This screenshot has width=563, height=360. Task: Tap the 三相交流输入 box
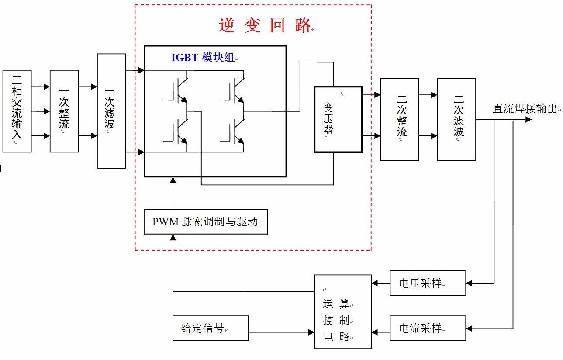pos(17,111)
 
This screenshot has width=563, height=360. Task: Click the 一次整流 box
pos(64,111)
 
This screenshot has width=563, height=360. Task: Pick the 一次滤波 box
pos(111,111)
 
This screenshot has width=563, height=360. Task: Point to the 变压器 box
pos(338,119)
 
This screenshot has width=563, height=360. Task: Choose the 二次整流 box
pos(399,119)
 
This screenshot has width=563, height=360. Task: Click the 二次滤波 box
pos(456,119)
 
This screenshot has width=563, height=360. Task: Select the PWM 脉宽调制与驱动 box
pos(206,222)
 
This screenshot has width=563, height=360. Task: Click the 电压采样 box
pos(428,283)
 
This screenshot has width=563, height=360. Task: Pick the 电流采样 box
pos(428,329)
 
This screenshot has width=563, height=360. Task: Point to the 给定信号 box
pos(211,329)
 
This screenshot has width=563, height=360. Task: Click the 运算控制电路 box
pos(343,312)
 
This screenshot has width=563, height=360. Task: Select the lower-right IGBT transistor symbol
pos(235,133)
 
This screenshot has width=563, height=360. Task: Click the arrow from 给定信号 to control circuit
pos(281,332)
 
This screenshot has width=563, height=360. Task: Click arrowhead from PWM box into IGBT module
pos(173,181)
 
